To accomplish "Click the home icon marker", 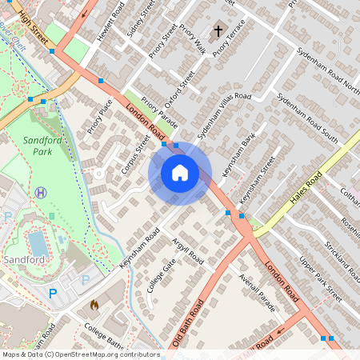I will coord(180,173).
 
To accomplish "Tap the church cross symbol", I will coord(218,32).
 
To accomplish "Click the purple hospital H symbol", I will coord(40,192).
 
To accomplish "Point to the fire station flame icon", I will coord(94,305).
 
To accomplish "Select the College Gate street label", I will coord(162,274).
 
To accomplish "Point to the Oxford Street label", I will coord(180,93).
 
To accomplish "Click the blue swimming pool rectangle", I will coord(37,243).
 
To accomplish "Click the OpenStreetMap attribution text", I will coord(80,354).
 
